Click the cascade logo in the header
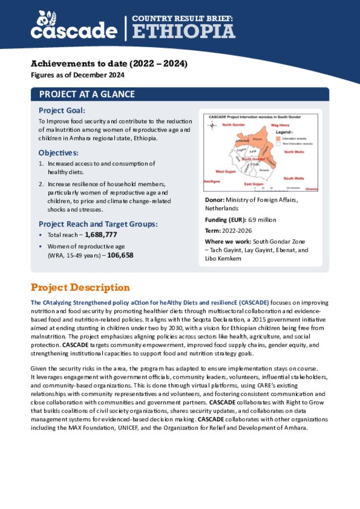point(74,26)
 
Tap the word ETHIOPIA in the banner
point(183,31)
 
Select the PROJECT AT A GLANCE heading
point(87,94)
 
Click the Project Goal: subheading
point(62,110)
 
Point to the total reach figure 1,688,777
point(100,235)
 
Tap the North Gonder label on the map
point(233,124)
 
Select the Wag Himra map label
point(279,125)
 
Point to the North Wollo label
point(293,152)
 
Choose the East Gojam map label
point(254,184)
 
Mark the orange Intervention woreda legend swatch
point(278,139)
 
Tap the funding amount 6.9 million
point(262,220)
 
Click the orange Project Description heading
point(80,288)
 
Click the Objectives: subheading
point(59,153)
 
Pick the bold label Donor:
point(215,200)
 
